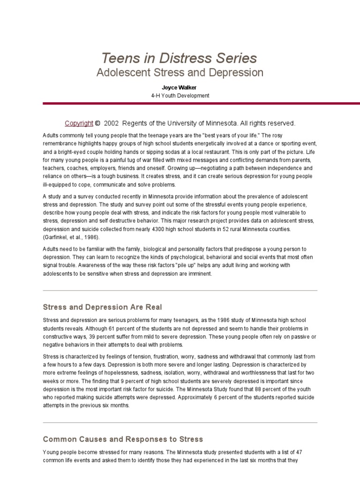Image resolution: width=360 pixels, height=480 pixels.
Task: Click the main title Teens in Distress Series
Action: click(x=180, y=58)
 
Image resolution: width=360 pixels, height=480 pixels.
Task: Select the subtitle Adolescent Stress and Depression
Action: click(x=180, y=73)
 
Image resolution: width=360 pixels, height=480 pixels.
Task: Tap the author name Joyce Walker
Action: click(x=180, y=88)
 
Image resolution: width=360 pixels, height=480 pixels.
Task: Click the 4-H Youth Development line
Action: click(x=180, y=96)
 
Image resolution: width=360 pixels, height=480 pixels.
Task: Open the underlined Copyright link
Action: click(x=79, y=123)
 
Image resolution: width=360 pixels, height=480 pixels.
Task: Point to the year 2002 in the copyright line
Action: click(x=112, y=123)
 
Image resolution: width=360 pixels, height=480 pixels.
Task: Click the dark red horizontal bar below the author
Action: click(x=202, y=103)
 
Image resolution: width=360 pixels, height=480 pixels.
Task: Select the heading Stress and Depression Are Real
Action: click(x=102, y=307)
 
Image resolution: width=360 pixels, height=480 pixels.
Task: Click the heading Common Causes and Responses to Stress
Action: click(x=123, y=439)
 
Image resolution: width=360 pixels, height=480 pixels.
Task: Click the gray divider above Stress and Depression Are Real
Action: click(x=180, y=291)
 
